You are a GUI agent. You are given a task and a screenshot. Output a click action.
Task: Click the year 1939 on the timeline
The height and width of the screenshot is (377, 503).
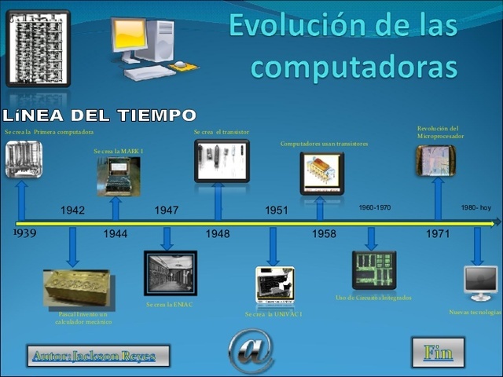pyautogui.click(x=24, y=234)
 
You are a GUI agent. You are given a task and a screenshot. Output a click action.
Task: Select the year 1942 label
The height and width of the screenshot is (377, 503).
pyautogui.click(x=73, y=210)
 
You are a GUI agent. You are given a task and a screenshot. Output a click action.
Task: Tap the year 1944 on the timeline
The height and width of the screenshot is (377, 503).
pyautogui.click(x=116, y=234)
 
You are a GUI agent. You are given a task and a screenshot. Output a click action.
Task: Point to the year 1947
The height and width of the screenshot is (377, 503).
pyautogui.click(x=167, y=210)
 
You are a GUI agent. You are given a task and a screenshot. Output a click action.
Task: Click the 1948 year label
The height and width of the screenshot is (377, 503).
pyautogui.click(x=218, y=234)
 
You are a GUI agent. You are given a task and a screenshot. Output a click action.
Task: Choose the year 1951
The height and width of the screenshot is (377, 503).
pyautogui.click(x=277, y=210)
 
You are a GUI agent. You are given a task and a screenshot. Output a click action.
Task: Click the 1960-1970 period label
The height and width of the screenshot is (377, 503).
pyautogui.click(x=374, y=207)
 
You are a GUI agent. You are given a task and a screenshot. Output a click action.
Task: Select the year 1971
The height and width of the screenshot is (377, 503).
pyautogui.click(x=438, y=234)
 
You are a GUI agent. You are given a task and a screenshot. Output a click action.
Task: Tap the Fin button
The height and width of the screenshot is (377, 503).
pyautogui.click(x=438, y=353)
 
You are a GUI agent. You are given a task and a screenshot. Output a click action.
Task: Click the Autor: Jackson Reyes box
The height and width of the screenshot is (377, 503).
pyautogui.click(x=93, y=356)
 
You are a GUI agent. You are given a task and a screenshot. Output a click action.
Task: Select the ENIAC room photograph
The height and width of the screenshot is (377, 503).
pyautogui.click(x=171, y=273)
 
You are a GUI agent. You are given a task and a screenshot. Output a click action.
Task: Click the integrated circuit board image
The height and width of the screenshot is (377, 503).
pyautogui.click(x=374, y=270)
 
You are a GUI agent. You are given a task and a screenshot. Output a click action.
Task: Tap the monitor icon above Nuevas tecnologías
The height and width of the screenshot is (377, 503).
pyautogui.click(x=480, y=284)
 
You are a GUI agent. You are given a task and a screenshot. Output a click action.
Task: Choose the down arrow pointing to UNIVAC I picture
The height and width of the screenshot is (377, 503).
pyautogui.click(x=274, y=246)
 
